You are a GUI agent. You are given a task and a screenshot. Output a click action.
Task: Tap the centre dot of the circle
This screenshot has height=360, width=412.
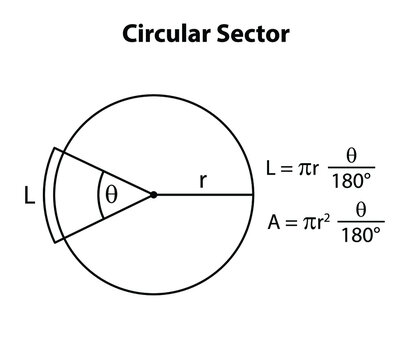[x=153, y=194]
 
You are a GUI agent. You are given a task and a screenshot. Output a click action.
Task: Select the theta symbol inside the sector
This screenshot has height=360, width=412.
[x=111, y=195]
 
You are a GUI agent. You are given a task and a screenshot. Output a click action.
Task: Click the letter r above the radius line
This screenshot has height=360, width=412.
[x=203, y=181]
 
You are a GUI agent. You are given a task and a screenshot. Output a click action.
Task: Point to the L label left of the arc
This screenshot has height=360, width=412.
[x=29, y=198]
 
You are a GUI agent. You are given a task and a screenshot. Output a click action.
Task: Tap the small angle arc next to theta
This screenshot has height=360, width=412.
[x=97, y=194]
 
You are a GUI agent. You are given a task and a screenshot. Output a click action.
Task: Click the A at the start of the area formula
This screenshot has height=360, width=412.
[x=275, y=222]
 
